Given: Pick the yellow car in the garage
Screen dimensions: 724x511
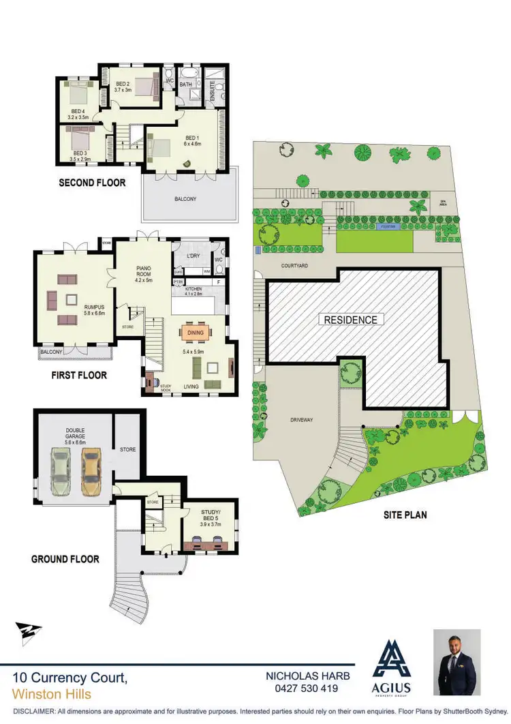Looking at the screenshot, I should (x=91, y=471).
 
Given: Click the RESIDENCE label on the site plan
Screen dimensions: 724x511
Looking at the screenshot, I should (x=350, y=319).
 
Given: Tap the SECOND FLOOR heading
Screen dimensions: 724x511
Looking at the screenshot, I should (x=92, y=182).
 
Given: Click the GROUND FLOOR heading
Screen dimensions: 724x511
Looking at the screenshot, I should (x=65, y=559).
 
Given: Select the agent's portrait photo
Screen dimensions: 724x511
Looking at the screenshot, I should (x=456, y=662).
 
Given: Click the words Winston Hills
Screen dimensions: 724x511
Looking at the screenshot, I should (x=52, y=695).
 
